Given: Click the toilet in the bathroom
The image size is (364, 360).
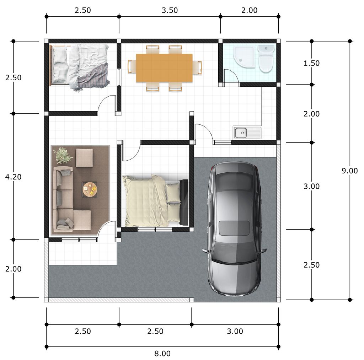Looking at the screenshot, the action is coord(266,59).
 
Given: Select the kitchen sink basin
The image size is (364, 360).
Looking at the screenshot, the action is coord(241,133).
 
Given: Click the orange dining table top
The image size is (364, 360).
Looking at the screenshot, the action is coord(164,68).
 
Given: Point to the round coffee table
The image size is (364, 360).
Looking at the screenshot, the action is coord(90,189).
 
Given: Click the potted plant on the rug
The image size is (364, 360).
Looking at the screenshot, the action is coord(62,155).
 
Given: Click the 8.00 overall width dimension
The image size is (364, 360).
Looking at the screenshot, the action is coord(162,354).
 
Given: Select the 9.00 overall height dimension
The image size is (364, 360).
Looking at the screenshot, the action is coord(350,171).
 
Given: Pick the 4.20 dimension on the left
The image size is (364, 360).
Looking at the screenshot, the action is coord(13,177).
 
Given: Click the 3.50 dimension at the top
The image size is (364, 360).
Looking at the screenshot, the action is coord(170,10).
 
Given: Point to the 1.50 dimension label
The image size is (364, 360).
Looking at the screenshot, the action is coord(311,63).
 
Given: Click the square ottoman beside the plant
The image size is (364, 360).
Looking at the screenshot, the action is coord(84,157).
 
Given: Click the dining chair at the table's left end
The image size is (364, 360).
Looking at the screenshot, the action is coord(132,66).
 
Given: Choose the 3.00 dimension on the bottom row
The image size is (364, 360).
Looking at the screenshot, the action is coord(235,331).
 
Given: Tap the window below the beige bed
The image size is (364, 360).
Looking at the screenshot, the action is coord(155,230).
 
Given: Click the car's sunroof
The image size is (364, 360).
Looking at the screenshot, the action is coord(235,228).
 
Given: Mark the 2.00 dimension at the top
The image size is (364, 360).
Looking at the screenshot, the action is coord(249,10).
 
